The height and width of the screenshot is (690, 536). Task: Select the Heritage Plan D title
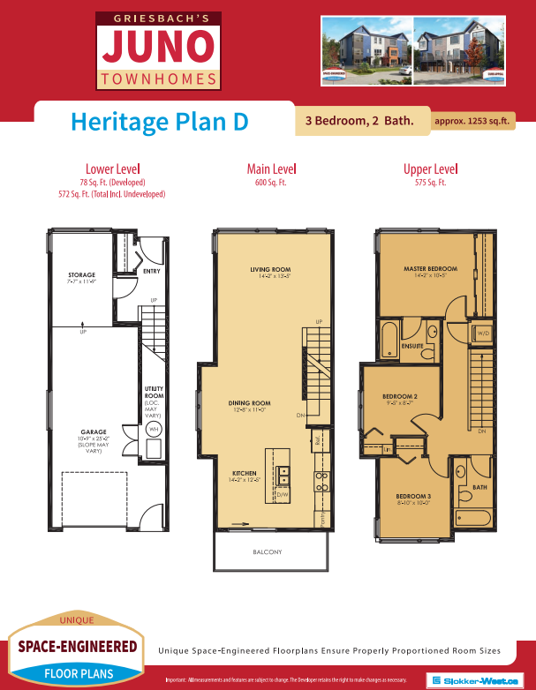tap(158, 121)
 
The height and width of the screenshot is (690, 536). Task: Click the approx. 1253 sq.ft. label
tap(472, 121)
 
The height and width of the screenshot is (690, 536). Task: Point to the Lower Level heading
tap(111, 169)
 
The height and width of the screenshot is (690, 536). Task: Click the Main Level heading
tap(270, 169)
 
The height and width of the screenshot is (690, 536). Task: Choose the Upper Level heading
tap(430, 169)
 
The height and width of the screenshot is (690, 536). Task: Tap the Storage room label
tap(82, 275)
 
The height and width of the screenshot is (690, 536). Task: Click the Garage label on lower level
tap(82, 432)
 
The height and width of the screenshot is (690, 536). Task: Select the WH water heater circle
tap(153, 430)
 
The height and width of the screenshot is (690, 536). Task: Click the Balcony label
tap(267, 552)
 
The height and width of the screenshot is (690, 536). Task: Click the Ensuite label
tap(411, 346)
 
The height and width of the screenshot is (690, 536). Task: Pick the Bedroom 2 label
tap(399, 397)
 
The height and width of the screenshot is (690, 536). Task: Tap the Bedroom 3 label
tap(412, 497)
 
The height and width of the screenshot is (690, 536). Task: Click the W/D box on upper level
tap(483, 334)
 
